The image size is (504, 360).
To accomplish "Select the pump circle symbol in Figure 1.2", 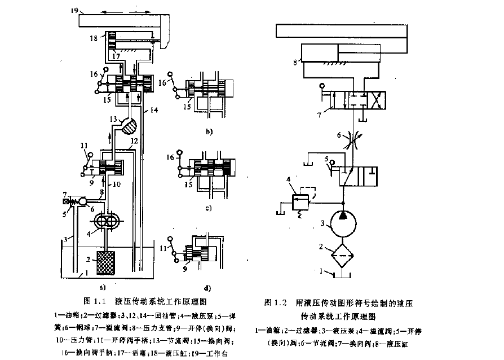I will tap(342, 223).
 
